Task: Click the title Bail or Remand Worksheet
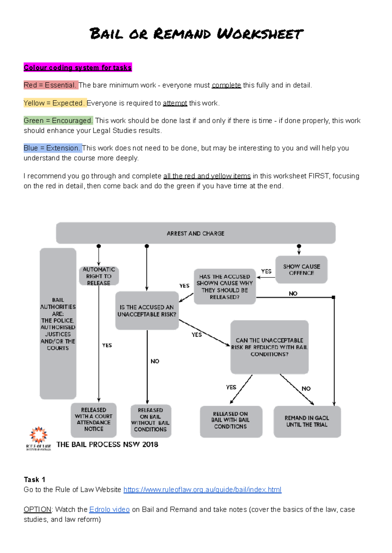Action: (196, 34)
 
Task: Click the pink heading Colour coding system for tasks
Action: (78, 68)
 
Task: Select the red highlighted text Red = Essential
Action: (50, 85)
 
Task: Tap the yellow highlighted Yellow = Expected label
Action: (54, 103)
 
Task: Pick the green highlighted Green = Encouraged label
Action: (58, 121)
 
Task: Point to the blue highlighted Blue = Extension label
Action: (52, 148)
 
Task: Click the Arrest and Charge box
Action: (195, 233)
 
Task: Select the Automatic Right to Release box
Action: (99, 276)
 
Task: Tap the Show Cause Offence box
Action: (301, 270)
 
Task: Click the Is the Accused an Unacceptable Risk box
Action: (147, 310)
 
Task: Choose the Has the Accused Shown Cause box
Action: (224, 287)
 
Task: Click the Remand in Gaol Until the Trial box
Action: (307, 421)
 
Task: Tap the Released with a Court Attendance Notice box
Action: (94, 419)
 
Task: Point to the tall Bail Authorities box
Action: (58, 324)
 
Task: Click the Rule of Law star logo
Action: (39, 435)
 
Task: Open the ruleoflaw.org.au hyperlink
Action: (202, 490)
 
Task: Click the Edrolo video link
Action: (109, 510)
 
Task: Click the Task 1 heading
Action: (34, 480)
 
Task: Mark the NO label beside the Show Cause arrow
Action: (293, 293)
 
